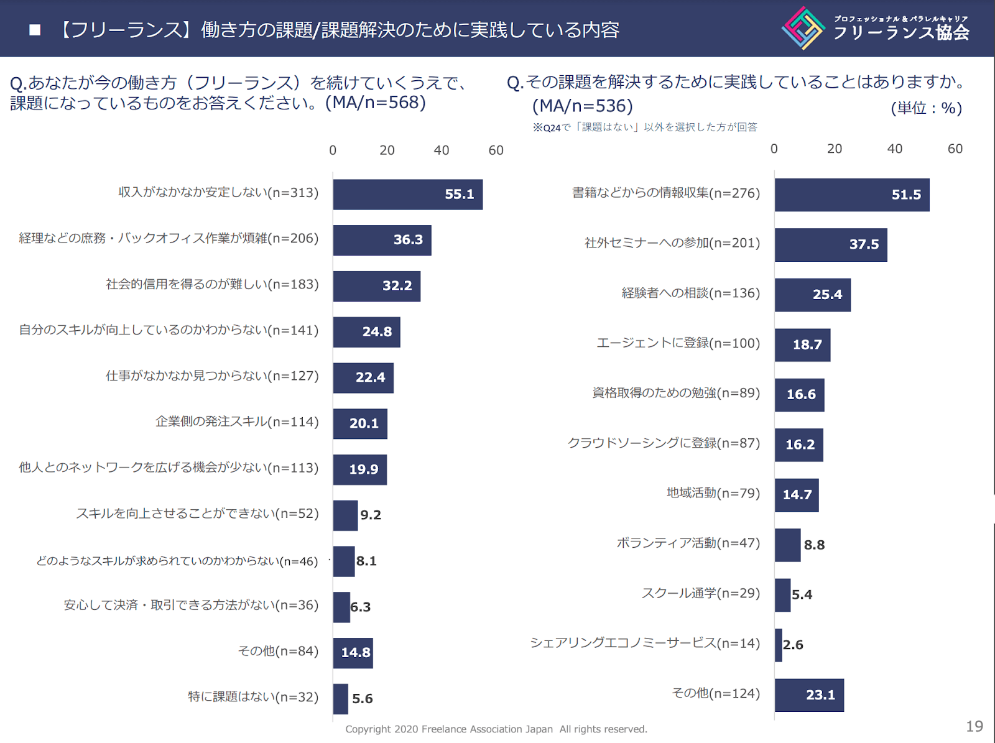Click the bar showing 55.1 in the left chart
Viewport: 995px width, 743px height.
407,195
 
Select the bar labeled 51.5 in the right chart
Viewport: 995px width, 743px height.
851,195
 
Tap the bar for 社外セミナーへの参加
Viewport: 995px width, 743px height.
830,245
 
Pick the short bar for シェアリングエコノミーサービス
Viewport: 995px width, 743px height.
779,645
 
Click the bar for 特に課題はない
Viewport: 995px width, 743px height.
340,699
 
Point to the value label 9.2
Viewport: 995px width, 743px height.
371,515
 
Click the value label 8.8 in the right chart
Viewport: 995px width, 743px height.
814,545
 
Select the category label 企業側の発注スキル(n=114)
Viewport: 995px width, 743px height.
237,422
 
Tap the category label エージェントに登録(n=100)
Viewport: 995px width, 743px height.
678,343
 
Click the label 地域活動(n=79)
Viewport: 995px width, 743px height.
713,493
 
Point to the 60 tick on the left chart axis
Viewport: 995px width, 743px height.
496,150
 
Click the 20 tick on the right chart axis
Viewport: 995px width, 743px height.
834,149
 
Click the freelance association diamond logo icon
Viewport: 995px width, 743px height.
803,29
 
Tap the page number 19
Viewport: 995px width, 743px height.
974,726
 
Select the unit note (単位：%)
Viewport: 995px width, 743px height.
926,108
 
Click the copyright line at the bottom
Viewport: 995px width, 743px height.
496,729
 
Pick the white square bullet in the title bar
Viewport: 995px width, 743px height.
35,30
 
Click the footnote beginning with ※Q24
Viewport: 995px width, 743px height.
644,127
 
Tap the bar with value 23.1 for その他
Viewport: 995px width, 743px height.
809,695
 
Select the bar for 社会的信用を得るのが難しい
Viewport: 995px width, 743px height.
376,286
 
